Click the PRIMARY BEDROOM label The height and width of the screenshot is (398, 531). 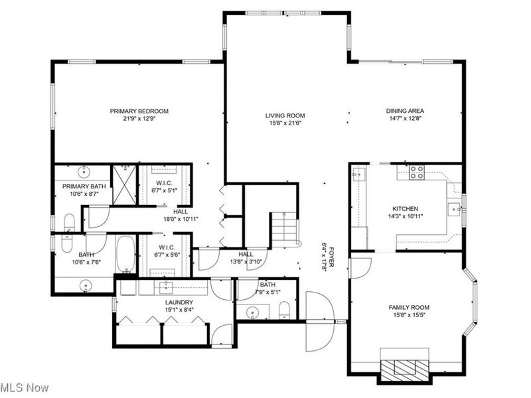[139, 111]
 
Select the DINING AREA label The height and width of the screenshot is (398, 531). [405, 111]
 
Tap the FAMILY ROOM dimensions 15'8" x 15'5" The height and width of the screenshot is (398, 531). [409, 316]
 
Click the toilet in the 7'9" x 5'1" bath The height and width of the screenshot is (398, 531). [284, 309]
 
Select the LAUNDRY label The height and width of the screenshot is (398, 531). [179, 302]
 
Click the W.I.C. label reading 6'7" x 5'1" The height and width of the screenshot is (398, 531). [165, 186]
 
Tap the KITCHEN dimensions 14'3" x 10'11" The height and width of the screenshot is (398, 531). [404, 216]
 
